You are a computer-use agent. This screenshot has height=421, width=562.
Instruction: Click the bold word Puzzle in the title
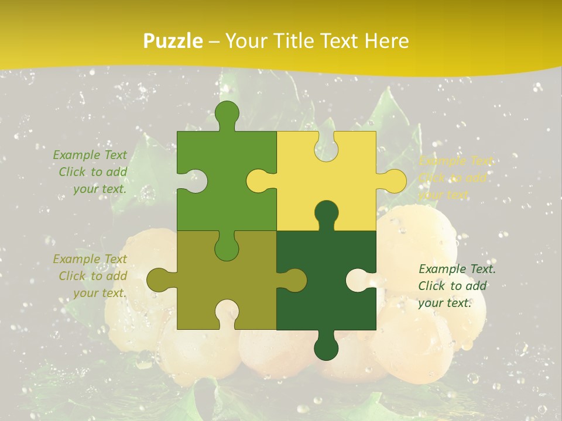173,42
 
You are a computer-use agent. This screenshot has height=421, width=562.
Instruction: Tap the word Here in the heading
386,42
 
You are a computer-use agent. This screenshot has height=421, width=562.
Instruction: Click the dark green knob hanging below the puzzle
326,347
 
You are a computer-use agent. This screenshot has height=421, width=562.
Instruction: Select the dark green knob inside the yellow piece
326,214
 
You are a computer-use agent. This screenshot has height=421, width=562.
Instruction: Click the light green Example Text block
91,172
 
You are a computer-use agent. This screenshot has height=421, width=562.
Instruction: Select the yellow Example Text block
455,178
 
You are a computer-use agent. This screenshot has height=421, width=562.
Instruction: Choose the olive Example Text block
91,276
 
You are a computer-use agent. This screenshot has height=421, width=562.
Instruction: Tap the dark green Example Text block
456,286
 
